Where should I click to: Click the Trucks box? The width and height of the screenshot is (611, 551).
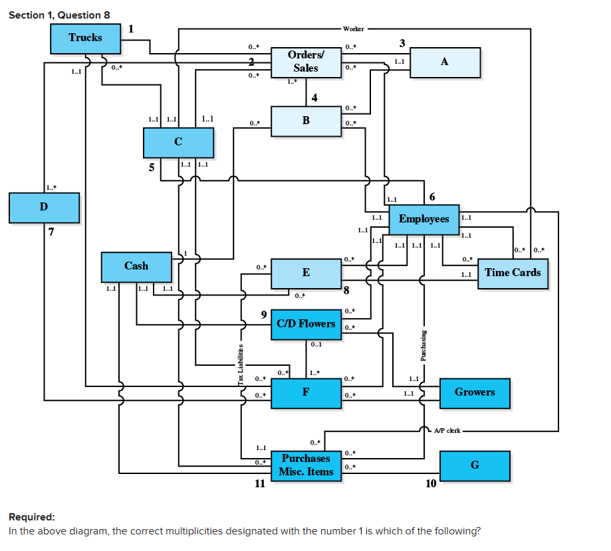tap(85, 38)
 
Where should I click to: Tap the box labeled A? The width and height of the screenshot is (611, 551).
tap(445, 62)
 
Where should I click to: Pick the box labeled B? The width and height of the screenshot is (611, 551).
tap(306, 121)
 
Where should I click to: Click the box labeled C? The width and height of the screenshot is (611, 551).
tap(178, 141)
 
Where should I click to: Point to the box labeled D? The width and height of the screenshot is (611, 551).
tap(44, 207)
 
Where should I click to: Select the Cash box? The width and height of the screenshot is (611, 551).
tap(136, 266)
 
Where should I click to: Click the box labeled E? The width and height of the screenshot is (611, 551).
tap(306, 273)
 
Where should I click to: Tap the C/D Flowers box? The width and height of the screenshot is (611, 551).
tap(306, 324)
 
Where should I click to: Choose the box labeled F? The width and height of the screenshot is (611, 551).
tap(306, 392)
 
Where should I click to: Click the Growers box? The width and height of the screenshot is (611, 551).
tap(475, 392)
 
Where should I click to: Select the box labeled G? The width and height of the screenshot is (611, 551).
tap(475, 465)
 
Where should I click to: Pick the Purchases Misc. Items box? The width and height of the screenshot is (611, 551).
tap(306, 465)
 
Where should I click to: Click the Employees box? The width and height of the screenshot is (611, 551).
tap(424, 219)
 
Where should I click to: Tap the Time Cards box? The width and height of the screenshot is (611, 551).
tap(513, 273)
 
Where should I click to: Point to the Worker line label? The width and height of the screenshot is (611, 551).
tap(354, 29)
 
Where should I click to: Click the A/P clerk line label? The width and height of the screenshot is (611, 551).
tap(447, 431)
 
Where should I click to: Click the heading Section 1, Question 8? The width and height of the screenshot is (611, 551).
tap(59, 15)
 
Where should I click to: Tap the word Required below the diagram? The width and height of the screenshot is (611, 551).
tap(32, 517)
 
